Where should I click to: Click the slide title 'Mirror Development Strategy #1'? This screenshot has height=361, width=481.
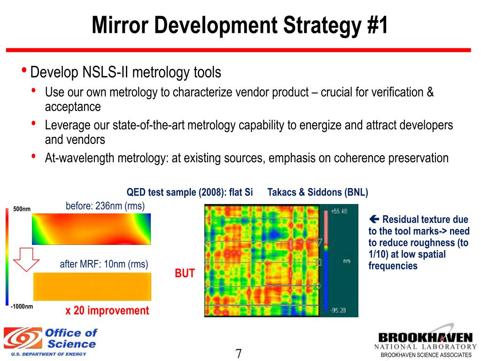coord(240,25)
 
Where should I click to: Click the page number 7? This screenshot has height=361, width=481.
coord(238,353)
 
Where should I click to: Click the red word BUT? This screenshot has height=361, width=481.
coord(185,274)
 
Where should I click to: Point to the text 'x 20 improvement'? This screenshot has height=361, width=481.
coord(107,311)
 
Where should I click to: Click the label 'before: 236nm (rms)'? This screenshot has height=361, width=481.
coord(105,206)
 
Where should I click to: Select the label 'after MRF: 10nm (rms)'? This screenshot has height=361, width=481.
coord(104,264)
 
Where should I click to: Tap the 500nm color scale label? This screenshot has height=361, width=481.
coord(22,209)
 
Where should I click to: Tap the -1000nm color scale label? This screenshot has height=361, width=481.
coord(22,306)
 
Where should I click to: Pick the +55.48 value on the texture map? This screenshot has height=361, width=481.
coord(339,212)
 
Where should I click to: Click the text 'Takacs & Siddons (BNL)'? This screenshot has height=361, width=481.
coord(318,192)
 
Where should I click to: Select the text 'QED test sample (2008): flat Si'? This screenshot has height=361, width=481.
coord(190,192)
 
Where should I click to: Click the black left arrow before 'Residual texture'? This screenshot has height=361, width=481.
coord(374,219)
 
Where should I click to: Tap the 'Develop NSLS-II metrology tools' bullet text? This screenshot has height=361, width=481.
coord(125,73)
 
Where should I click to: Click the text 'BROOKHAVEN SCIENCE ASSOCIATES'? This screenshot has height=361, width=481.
coord(426,355)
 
